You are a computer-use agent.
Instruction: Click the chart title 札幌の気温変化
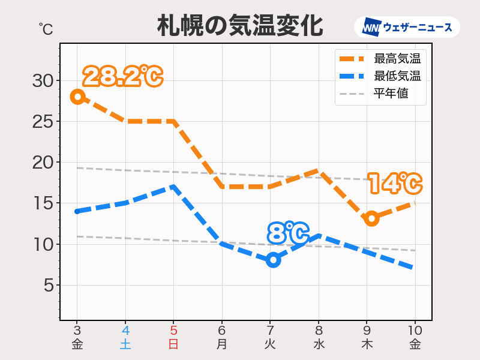240,26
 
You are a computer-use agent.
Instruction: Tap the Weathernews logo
407,28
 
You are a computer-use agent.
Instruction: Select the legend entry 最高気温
397,59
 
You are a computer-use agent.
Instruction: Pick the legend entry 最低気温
397,76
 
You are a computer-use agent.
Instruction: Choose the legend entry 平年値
391,94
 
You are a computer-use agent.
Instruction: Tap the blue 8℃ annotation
288,233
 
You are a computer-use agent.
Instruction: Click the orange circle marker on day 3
77,97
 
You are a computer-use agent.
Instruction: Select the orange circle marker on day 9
371,218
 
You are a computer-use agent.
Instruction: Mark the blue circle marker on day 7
274,260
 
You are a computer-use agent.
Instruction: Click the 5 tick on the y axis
47,285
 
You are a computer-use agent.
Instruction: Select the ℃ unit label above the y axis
46,28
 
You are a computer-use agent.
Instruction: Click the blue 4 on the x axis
125,331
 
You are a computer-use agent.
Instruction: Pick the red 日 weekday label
173,344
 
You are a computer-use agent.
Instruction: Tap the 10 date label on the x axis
415,331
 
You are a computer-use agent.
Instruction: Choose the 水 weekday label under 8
319,344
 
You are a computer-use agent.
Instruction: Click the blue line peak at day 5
173,186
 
